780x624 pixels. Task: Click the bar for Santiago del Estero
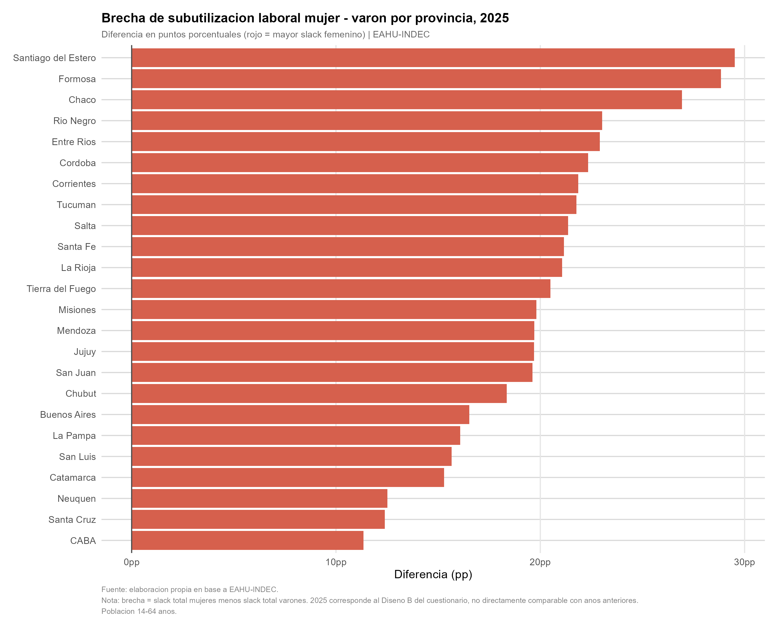[433, 58]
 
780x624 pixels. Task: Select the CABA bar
[248, 541]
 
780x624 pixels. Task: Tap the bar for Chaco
[407, 100]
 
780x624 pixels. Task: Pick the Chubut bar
[319, 394]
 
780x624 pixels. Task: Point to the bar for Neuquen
[259, 498]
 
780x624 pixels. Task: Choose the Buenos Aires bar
[300, 414]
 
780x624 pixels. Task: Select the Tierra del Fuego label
[61, 289]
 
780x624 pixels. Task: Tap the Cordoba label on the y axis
[77, 163]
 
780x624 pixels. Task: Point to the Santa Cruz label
[72, 519]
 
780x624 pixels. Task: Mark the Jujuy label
[85, 352]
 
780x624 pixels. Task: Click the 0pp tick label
[132, 562]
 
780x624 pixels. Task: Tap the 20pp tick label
[540, 562]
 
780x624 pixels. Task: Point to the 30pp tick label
[744, 562]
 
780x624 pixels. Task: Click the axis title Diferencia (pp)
[433, 574]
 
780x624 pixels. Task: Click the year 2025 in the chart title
[494, 18]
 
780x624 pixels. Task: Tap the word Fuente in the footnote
[114, 590]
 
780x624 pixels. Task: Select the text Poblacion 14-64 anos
[139, 611]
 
